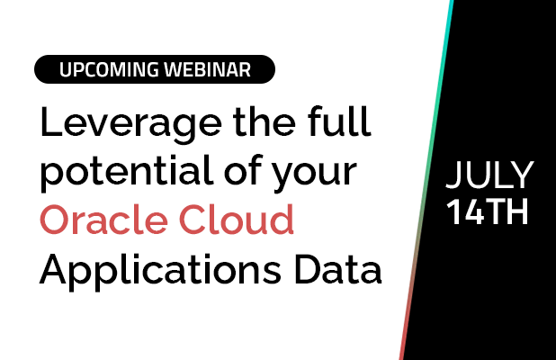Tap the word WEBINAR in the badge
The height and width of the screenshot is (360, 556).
click(208, 69)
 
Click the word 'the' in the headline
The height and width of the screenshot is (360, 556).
click(265, 121)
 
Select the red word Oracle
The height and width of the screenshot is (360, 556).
click(103, 220)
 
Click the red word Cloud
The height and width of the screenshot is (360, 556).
click(237, 220)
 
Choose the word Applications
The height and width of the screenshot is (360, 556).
click(160, 272)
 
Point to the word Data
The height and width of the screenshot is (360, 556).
click(338, 268)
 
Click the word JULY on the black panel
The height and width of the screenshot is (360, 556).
click(489, 175)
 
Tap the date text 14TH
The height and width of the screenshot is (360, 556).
click(488, 211)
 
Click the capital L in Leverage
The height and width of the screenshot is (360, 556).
click(50, 121)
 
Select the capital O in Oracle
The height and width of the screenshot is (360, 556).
click(55, 220)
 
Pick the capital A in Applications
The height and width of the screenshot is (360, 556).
click(53, 269)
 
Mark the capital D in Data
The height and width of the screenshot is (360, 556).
click(308, 269)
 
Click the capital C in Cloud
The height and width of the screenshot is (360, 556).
click(193, 220)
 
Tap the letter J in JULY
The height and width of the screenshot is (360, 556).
click(453, 175)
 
